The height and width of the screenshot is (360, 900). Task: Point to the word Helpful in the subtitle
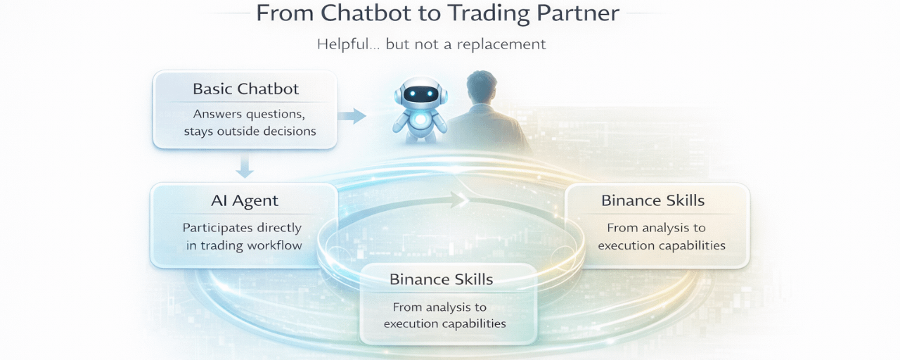click(x=343, y=44)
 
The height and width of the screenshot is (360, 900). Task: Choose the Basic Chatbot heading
click(x=245, y=89)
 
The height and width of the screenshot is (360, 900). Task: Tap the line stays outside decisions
click(x=250, y=131)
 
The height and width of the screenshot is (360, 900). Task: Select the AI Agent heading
click(x=245, y=201)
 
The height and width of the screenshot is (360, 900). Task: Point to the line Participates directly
click(x=242, y=228)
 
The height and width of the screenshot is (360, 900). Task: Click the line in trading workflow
click(x=244, y=245)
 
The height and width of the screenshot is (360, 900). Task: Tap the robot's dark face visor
click(x=420, y=94)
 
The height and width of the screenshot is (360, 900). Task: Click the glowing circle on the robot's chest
click(x=420, y=120)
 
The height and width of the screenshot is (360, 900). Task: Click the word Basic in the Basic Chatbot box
click(x=213, y=89)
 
